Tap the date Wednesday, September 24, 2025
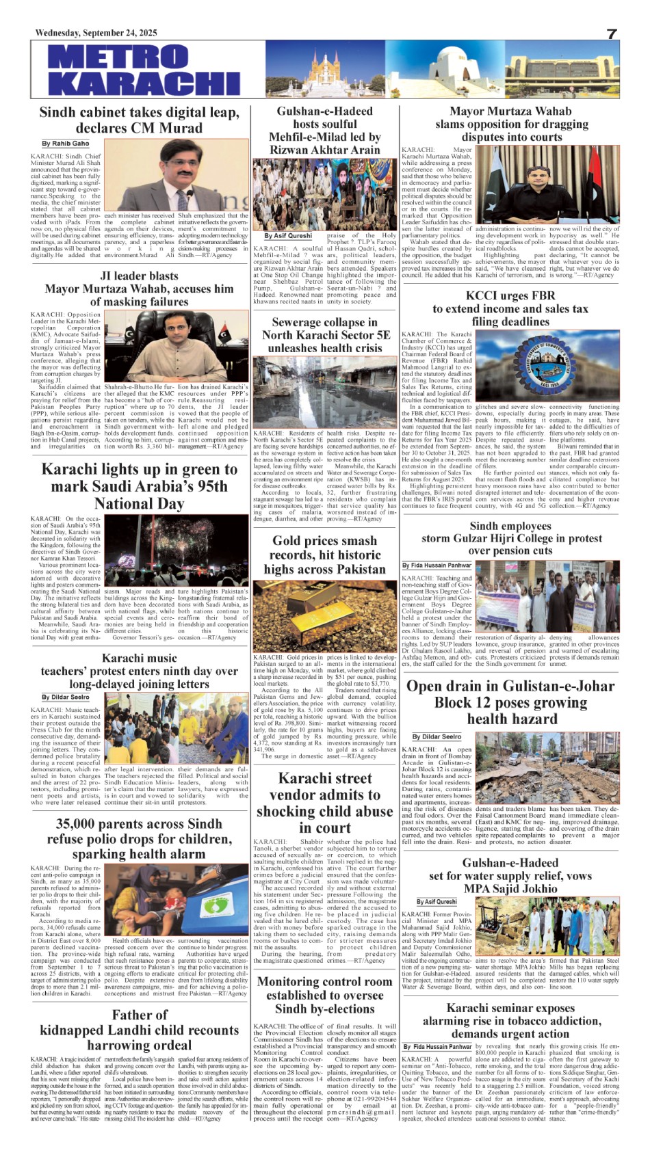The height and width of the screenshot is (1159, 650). [96, 33]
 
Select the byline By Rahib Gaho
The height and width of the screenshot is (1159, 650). [66, 144]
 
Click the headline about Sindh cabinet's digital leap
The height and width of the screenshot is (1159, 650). [139, 120]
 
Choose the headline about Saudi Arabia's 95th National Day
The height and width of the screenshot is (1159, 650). [139, 486]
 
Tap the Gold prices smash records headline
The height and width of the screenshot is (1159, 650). [324, 555]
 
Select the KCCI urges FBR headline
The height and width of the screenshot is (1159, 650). [510, 308]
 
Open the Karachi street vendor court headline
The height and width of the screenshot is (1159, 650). [324, 803]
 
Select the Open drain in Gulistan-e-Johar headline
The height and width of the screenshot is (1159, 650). [511, 702]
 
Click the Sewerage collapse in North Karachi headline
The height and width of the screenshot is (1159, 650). [324, 335]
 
